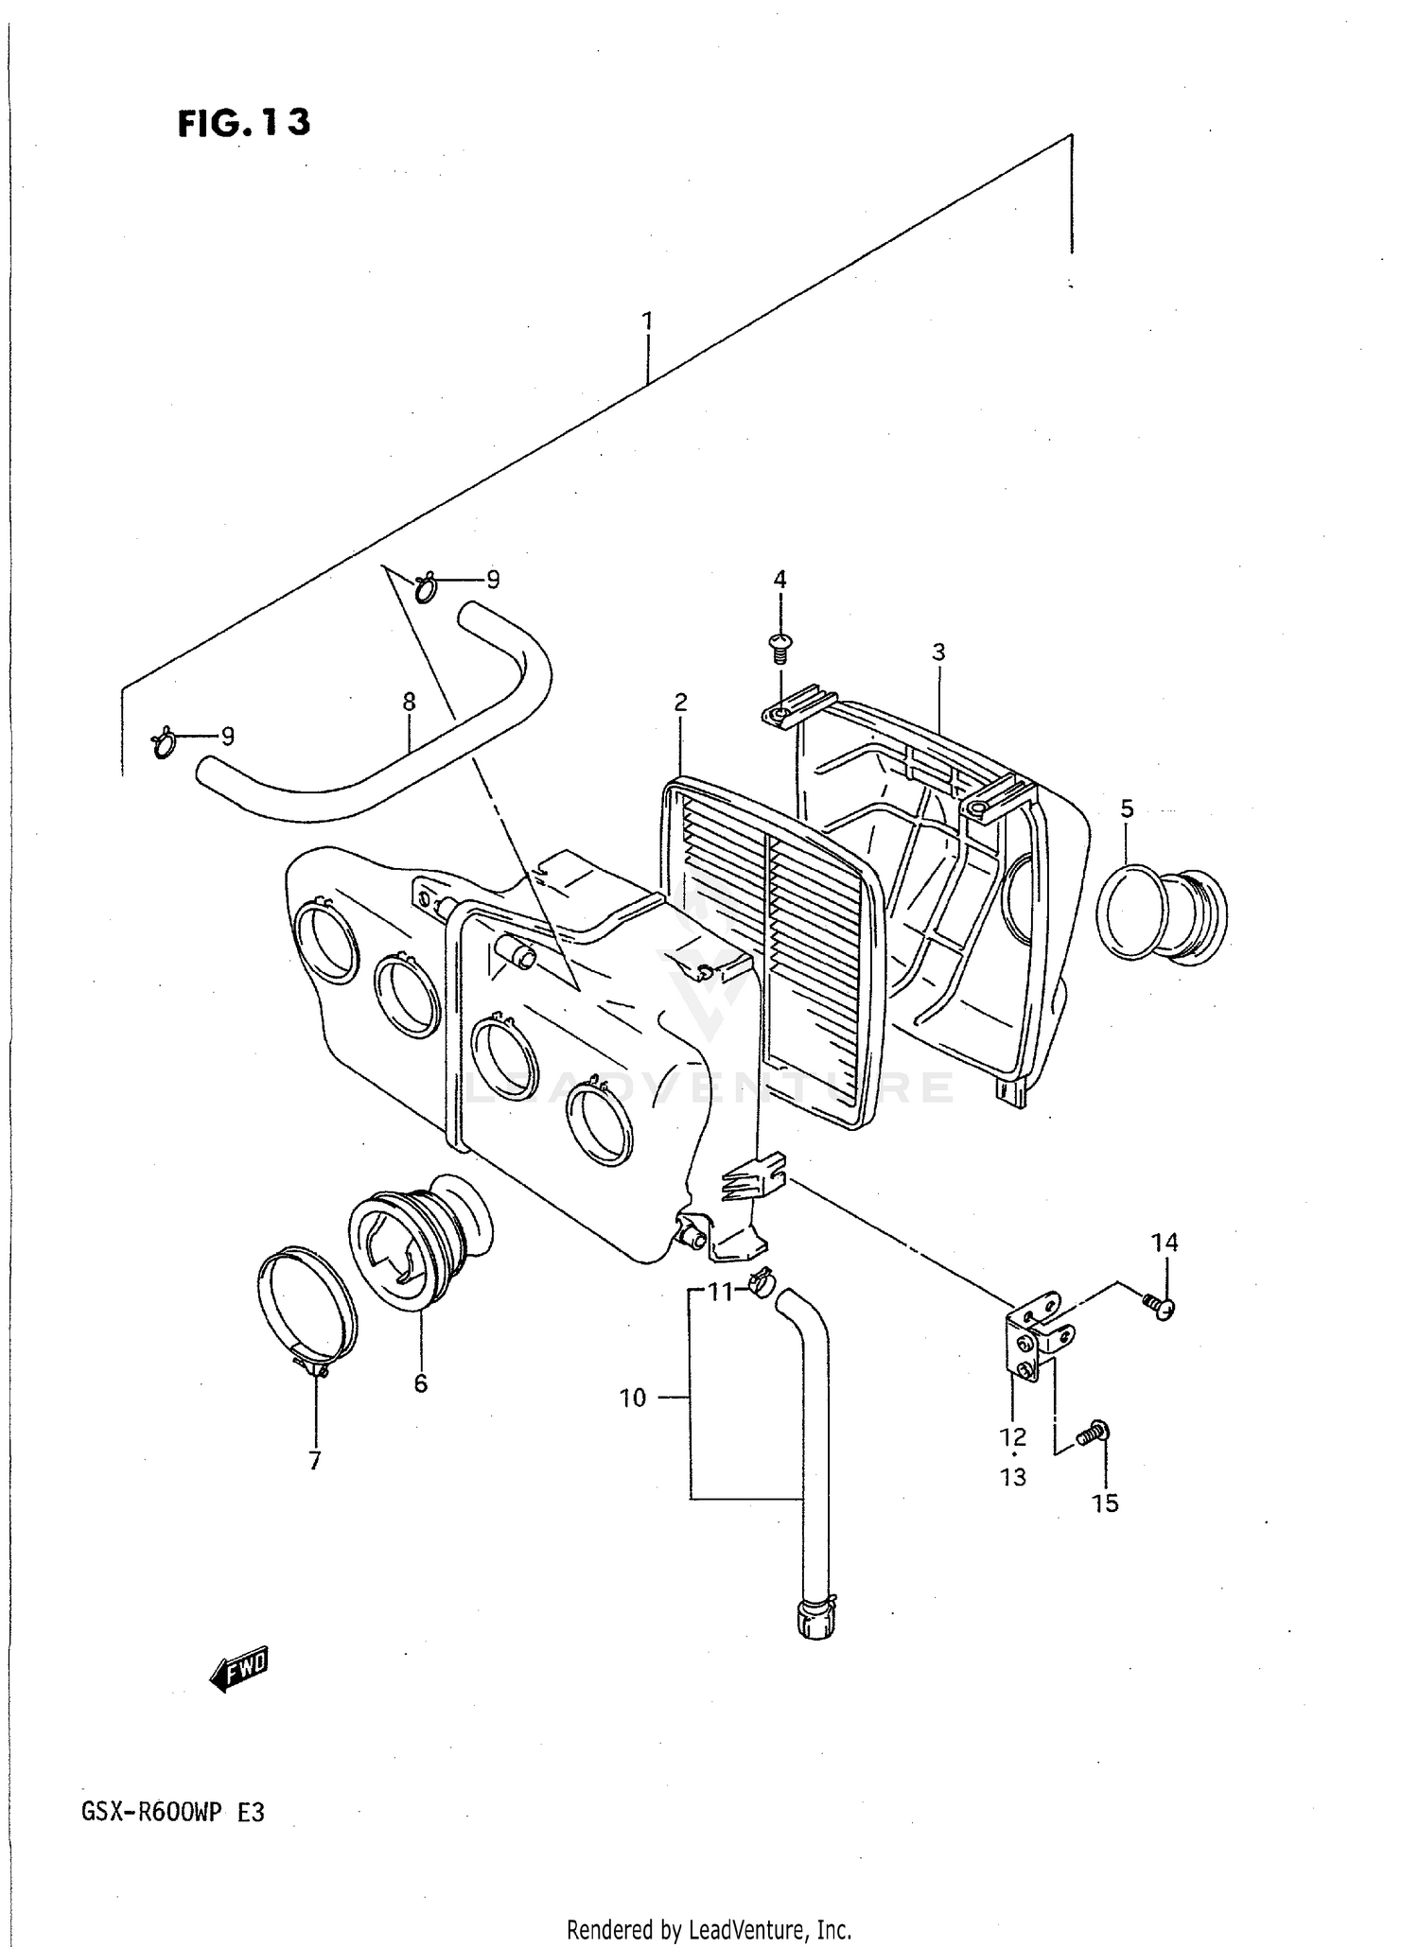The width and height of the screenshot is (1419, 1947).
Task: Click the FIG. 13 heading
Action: coord(243,123)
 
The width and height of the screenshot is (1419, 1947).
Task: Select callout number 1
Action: coord(647,322)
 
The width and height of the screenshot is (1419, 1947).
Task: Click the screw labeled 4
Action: coord(780,646)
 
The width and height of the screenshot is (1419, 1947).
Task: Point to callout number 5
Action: coord(1127,808)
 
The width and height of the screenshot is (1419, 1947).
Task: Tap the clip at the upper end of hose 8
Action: coord(425,587)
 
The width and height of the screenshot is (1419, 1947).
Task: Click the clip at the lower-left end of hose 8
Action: coord(164,742)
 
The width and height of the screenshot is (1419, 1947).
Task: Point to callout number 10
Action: coord(633,1398)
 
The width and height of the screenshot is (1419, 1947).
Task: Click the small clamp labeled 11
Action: coord(761,1283)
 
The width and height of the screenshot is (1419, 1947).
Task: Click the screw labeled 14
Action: coord(1159,1306)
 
